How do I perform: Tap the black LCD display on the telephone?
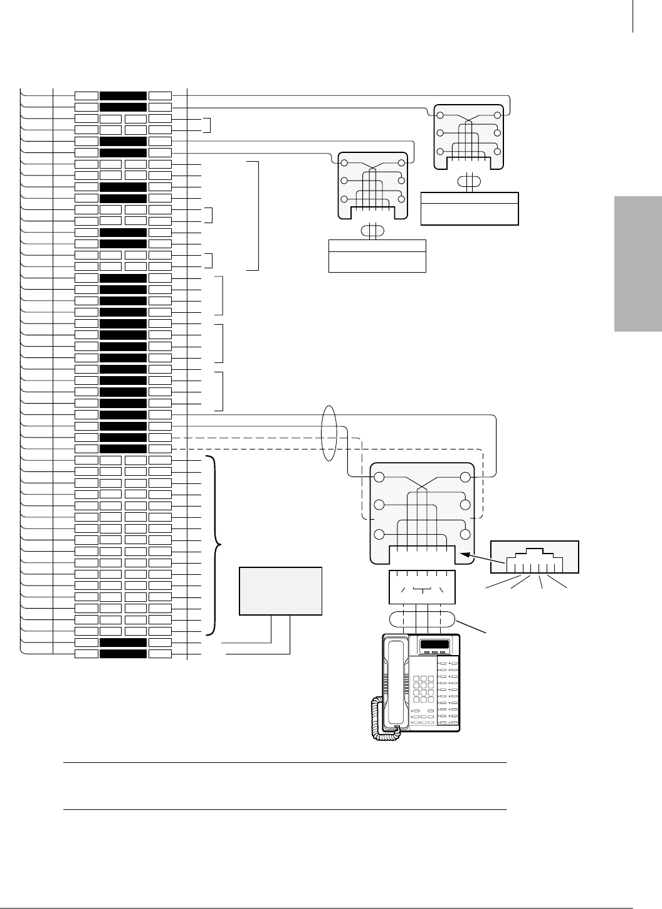pos(435,646)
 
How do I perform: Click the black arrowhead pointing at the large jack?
pos(466,554)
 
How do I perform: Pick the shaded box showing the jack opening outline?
pos(534,556)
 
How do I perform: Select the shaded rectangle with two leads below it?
pos(281,591)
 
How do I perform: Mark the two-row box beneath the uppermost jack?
pos(470,209)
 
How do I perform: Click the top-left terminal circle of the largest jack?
pos(379,478)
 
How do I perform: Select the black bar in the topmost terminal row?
pos(123,96)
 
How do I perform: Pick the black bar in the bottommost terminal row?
pos(123,654)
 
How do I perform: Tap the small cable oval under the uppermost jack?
pos(468,182)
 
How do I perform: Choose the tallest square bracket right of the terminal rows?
pos(254,216)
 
